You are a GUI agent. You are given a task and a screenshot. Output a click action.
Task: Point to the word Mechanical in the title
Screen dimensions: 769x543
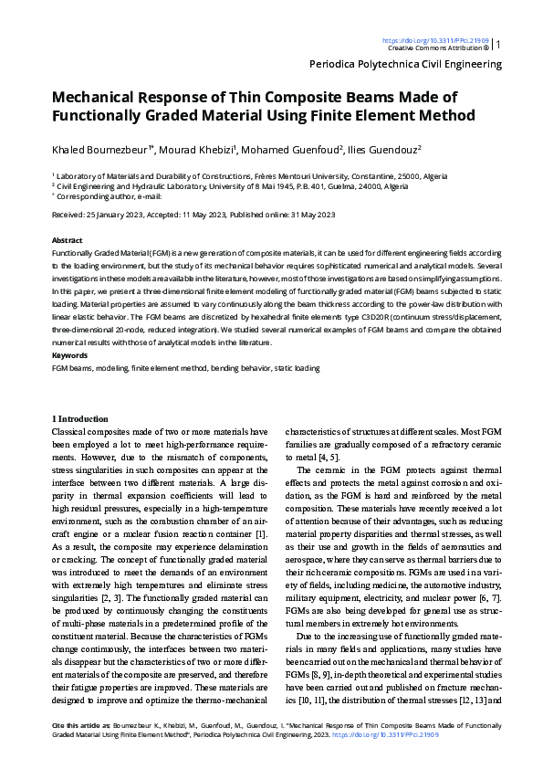coord(99,98)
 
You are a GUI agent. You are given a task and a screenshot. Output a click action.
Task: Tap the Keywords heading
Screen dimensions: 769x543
coord(70,354)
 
